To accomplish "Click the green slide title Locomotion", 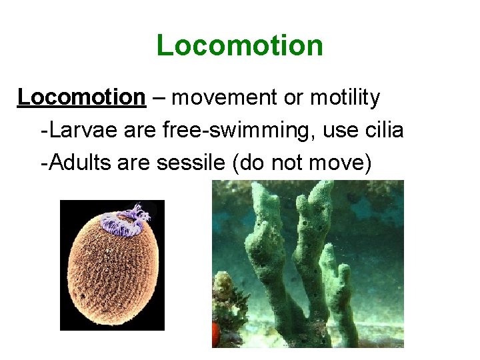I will point(239,46).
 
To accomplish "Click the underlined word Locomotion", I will point(81,97).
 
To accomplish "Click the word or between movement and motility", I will point(294,98).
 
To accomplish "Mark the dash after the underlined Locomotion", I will point(159,98).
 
